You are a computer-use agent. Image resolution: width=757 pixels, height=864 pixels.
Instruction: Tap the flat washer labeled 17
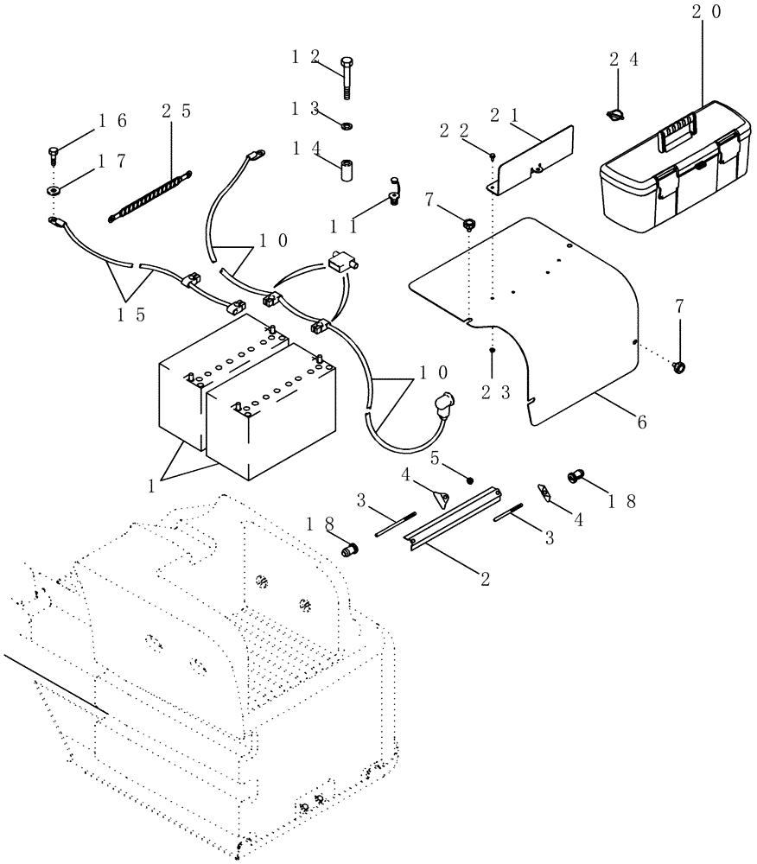coord(54,192)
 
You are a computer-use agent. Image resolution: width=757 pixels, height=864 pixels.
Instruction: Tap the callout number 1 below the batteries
coord(152,486)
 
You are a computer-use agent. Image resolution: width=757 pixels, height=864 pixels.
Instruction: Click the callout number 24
coord(624,60)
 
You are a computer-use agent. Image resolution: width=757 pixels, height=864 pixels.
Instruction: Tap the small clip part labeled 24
coord(614,113)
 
